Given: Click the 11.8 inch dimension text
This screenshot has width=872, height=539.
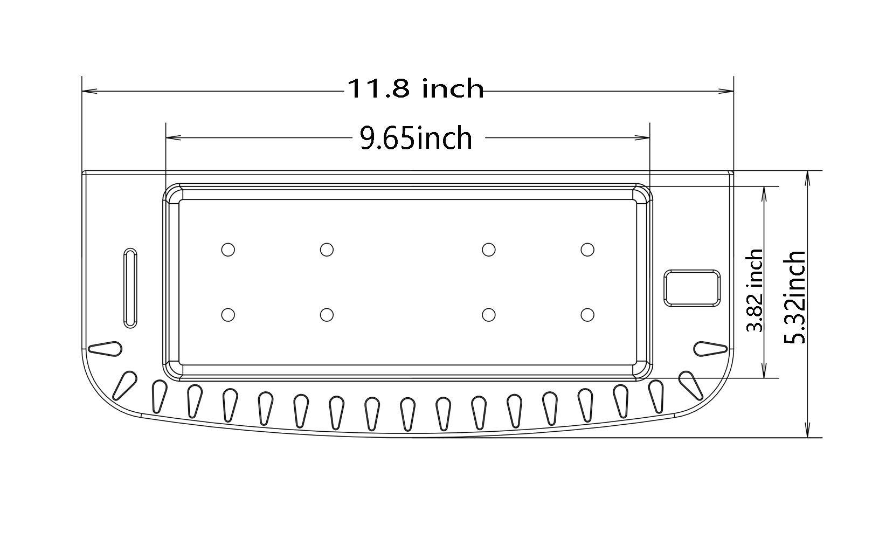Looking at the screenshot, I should point(414,88).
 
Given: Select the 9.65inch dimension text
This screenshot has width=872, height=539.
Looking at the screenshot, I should point(416,138).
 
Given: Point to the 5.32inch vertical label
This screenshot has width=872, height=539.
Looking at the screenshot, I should point(795,297).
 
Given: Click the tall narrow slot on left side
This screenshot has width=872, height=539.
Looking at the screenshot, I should point(130,288).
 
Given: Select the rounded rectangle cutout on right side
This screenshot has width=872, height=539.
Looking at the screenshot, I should point(692,288).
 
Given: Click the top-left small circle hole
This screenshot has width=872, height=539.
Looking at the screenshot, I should point(228,250).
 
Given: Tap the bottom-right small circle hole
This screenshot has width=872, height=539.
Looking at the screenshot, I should point(587,314).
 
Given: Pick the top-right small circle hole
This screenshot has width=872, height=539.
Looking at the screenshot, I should point(587,250).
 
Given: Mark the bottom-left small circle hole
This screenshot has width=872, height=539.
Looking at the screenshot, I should point(228,314).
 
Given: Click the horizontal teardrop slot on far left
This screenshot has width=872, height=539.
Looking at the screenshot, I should point(105,349).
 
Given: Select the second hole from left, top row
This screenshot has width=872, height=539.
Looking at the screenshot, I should point(327,250).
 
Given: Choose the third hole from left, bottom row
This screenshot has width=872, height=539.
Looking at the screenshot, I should point(489,314).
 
